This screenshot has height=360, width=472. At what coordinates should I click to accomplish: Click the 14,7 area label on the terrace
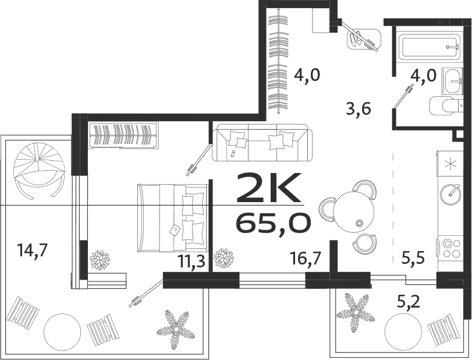coord(32,251)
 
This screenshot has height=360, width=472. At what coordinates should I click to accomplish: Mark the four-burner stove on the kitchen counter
coord(449,248)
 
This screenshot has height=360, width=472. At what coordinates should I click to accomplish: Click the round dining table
coord(356,211)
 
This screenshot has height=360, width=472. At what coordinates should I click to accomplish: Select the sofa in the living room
coord(263,142)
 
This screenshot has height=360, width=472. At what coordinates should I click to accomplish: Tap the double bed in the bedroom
coord(173,217)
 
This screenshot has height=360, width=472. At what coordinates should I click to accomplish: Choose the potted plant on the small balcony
coord(356,308)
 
